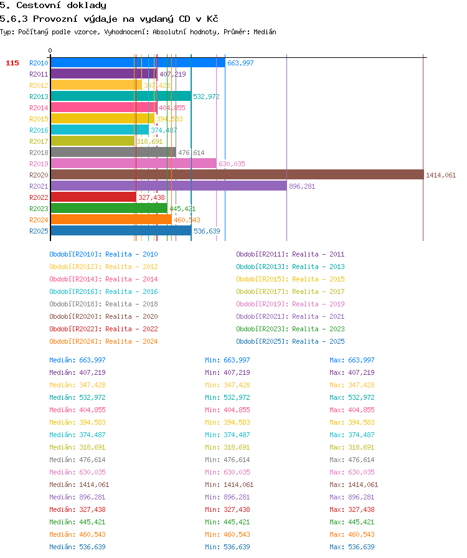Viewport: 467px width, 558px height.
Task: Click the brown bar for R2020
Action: tap(237, 175)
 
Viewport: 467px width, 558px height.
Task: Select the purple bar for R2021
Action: tap(169, 186)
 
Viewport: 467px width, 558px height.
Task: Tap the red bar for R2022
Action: tap(93, 197)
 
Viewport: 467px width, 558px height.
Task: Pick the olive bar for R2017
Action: tap(93, 141)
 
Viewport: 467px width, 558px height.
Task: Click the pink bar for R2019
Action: tap(133, 163)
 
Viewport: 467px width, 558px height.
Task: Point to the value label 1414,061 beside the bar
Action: tap(441, 175)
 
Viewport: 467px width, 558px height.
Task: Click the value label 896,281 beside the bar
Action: tap(302, 186)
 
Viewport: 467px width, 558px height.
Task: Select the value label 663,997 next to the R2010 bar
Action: tap(240, 63)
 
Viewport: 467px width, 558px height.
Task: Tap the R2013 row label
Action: tap(39, 97)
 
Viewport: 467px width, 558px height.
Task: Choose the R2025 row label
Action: tap(39, 231)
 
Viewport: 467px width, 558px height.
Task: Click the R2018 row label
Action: tap(39, 153)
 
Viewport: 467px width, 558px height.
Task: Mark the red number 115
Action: tap(12, 63)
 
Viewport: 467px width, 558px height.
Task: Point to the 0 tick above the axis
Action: tap(50, 50)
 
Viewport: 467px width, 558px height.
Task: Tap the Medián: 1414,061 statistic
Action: tap(79, 485)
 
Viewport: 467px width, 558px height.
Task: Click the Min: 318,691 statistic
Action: tap(227, 447)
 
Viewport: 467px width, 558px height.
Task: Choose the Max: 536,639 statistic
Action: tap(352, 547)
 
